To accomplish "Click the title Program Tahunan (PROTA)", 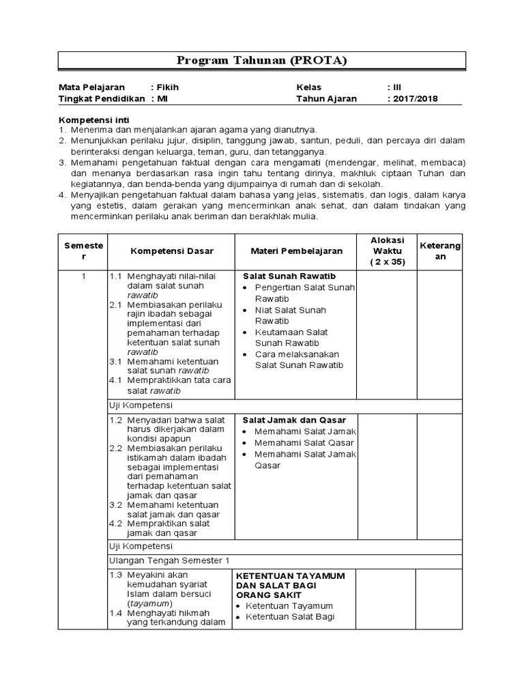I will pos(262,60).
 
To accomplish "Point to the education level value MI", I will pos(162,98).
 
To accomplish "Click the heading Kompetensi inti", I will pos(89,119).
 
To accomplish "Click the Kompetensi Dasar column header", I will pos(171,251).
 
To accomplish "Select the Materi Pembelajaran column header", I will pos(296,251).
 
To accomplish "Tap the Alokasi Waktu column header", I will pos(387,251).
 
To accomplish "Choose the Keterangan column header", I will pos(440,251).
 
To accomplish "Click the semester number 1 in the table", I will pos(83,276).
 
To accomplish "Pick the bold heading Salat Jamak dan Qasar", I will pos(295,420).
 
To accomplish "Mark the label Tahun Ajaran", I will pos(326,98).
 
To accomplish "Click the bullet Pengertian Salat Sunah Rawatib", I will pos(304,293).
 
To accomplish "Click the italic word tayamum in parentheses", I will pos(151,604).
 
